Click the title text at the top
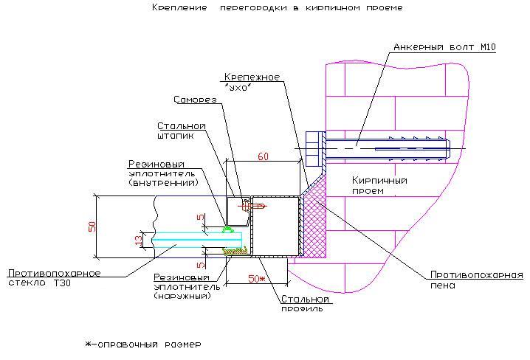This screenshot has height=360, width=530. point(277,7)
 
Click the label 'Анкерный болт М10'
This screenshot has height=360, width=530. point(444,47)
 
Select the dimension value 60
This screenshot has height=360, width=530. point(263,156)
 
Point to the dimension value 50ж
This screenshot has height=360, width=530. point(257,279)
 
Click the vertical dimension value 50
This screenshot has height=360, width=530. point(92,226)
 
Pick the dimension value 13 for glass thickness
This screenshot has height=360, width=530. point(139,240)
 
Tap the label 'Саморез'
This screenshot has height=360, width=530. point(195,100)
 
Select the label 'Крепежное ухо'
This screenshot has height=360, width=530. point(252,82)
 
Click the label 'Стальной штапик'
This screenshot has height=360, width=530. point(182,131)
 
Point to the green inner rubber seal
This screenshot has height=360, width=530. point(228,229)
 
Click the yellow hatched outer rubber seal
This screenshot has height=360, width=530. point(235,252)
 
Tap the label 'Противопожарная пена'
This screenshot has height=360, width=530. point(477,280)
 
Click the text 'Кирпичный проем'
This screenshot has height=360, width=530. point(379,185)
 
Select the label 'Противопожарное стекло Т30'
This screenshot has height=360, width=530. point(54,278)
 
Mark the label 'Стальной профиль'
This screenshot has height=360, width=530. point(305,304)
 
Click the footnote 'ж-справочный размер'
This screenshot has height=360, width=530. point(143,345)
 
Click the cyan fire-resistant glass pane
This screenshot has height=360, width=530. point(197,240)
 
